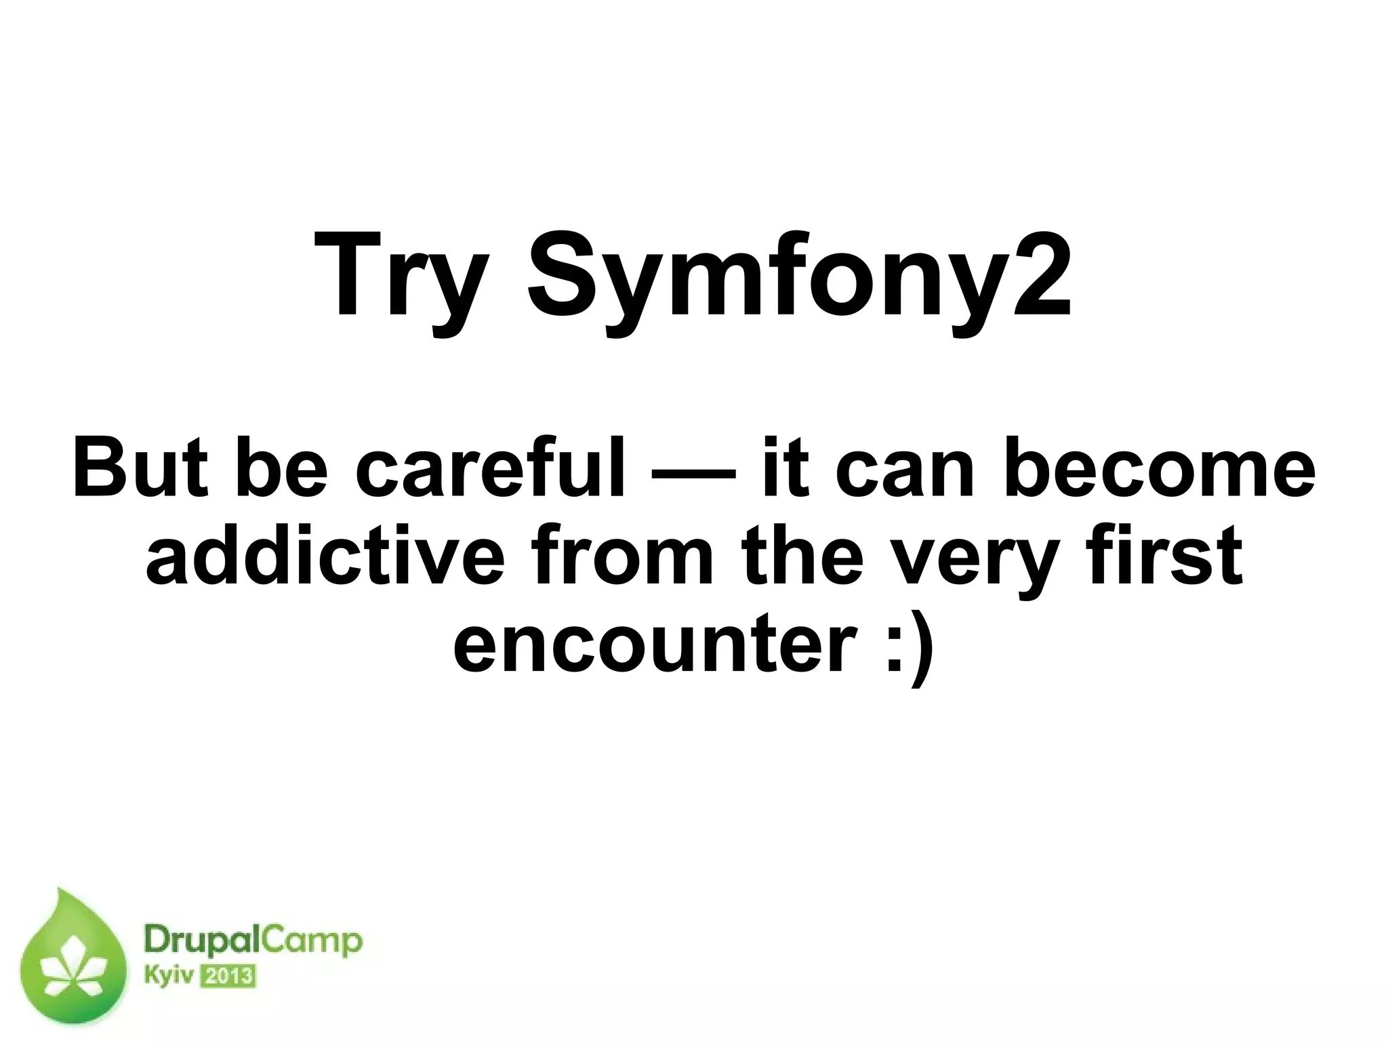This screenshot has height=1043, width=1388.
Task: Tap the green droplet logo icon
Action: coord(74,963)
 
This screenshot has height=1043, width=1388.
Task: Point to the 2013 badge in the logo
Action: coord(227,977)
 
